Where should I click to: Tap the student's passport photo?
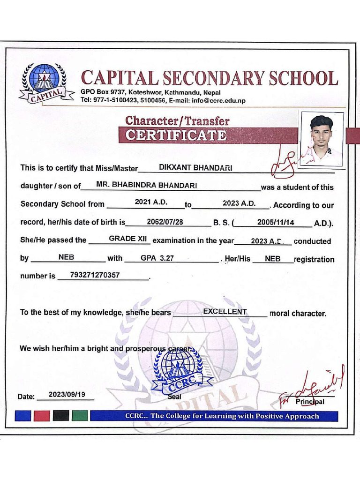pyautogui.click(x=322, y=139)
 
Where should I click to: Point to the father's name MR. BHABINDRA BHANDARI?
pyautogui.click(x=146, y=185)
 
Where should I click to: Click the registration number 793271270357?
pyautogui.click(x=94, y=275)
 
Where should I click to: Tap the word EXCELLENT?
pyautogui.click(x=225, y=312)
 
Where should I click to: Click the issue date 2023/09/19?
pyautogui.click(x=67, y=395)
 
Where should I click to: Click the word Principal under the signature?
pyautogui.click(x=310, y=402)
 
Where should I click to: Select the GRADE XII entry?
pyautogui.click(x=128, y=239)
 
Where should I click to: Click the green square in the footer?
pyautogui.click(x=80, y=415)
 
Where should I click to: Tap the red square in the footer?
pyautogui.click(x=42, y=415)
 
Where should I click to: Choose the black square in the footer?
pyautogui.click(x=61, y=415)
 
